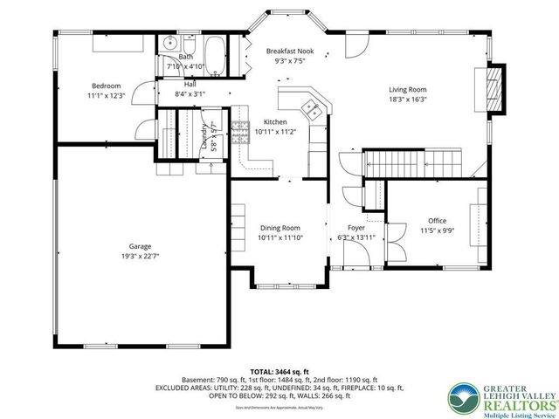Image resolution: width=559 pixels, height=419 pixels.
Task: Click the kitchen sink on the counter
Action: point(310,107)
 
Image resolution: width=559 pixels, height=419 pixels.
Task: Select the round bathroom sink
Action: point(169,43)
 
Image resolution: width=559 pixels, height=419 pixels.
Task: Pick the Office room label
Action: point(437,221)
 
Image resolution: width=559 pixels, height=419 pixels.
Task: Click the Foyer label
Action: point(355,227)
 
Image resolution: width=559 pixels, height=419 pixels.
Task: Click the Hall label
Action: point(190,84)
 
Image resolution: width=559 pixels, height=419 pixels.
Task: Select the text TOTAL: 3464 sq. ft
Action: point(279,371)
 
